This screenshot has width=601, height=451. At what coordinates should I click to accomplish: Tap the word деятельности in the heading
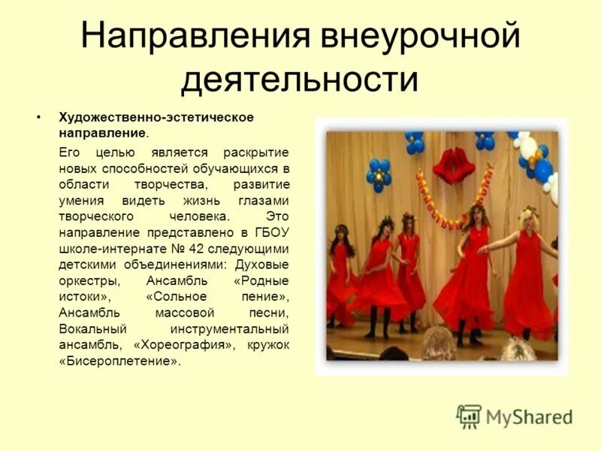click(299, 80)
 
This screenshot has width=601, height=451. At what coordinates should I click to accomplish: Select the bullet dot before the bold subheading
click(38, 119)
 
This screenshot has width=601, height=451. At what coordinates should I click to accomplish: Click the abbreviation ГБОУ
click(274, 234)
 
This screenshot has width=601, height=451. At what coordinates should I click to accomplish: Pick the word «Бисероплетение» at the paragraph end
click(119, 361)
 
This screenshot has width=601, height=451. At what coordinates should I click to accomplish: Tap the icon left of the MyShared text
click(469, 416)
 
